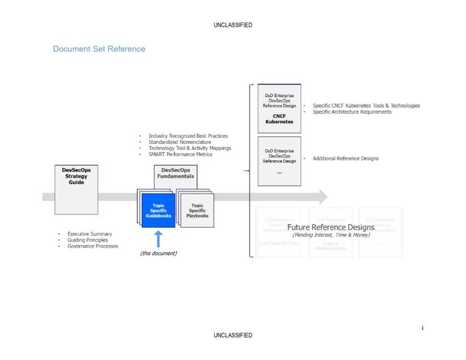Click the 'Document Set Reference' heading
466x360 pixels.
tap(99, 49)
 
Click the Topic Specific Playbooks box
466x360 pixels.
tap(197, 210)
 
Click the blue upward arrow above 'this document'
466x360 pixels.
tap(158, 238)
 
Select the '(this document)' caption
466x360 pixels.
tap(158, 253)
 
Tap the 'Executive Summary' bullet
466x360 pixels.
tap(89, 234)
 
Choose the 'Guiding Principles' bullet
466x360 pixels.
tap(87, 240)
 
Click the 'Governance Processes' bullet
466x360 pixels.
tap(92, 246)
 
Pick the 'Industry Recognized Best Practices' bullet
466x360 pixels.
tap(188, 136)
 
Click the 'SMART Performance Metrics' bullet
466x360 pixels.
tap(180, 154)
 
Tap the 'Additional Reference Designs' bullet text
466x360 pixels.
tap(345, 158)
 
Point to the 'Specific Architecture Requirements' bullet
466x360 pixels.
tap(352, 112)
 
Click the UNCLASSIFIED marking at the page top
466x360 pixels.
tap(233, 25)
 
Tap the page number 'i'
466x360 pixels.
tap(422, 328)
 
